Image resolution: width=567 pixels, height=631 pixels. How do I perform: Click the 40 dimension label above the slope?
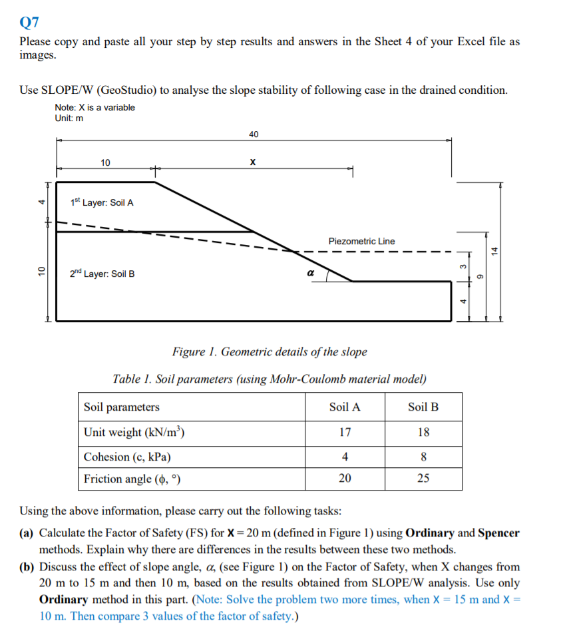254,134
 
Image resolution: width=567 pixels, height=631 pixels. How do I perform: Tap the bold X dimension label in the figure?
252,162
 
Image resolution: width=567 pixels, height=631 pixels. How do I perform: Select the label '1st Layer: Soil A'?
102,202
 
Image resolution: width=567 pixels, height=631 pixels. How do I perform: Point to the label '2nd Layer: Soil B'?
102,274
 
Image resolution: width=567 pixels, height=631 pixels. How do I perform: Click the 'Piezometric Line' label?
361,241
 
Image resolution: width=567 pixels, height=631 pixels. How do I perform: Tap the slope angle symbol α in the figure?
309,273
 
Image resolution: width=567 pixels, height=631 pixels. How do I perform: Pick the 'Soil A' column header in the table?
345,407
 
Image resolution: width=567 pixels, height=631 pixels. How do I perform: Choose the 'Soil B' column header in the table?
423,407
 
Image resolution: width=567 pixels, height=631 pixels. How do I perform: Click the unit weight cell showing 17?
345,432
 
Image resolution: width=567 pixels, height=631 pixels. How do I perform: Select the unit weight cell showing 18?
423,432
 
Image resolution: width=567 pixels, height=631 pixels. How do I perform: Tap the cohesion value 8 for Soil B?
423,457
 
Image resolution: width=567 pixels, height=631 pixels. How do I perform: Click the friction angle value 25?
423,479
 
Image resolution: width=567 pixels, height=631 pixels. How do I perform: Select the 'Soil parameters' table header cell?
122,407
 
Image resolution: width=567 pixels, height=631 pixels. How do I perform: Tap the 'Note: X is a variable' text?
95,107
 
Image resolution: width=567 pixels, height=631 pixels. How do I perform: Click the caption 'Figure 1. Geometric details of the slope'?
270,351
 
